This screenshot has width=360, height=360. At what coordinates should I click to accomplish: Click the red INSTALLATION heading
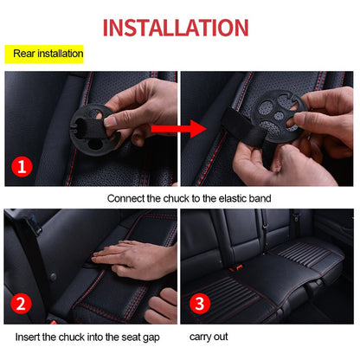pyautogui.click(x=180, y=25)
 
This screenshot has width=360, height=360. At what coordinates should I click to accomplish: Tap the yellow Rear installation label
pyautogui.click(x=48, y=55)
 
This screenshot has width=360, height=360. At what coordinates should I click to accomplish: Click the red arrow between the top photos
pyautogui.click(x=178, y=130)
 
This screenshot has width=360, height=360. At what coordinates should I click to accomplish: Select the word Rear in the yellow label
pyautogui.click(x=25, y=55)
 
